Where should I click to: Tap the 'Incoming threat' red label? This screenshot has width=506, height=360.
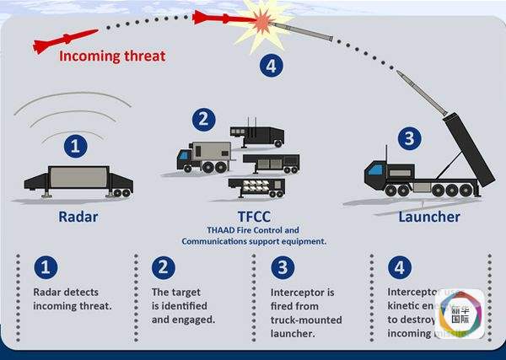[x=112, y=57]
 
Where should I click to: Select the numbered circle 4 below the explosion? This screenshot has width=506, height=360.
[x=270, y=66]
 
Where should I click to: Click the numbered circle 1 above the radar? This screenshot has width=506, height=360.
[x=77, y=147]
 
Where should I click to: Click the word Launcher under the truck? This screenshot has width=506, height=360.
[x=428, y=217]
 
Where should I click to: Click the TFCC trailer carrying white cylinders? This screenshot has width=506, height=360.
[x=256, y=186]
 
